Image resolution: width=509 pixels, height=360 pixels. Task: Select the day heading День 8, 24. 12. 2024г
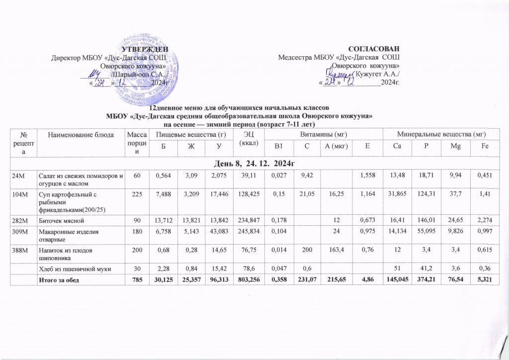(x=254, y=163)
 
